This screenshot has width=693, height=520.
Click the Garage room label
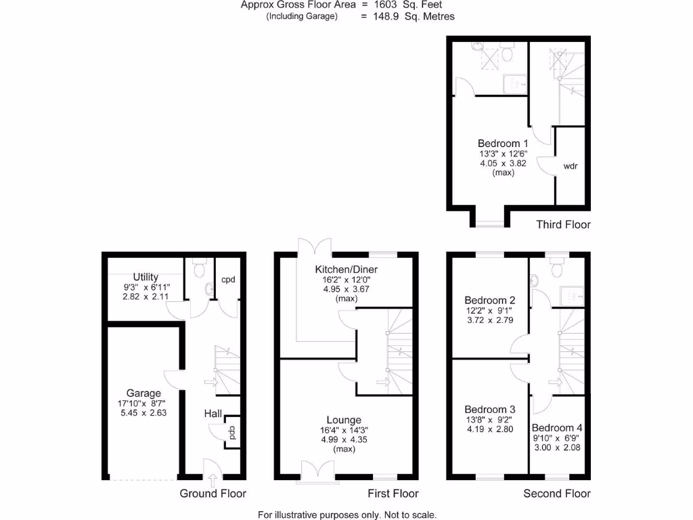(143, 393)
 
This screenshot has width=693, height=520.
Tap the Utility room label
(146, 277)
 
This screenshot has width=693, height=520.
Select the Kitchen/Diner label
(346, 269)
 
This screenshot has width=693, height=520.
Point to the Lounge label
(344, 420)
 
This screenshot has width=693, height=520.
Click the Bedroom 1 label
(503, 144)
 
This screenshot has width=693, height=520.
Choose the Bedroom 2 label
(490, 301)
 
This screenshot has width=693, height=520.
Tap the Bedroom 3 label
(490, 410)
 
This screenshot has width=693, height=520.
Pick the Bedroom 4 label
(557, 428)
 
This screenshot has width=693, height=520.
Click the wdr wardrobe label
(570, 165)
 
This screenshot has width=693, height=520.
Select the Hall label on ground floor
(213, 413)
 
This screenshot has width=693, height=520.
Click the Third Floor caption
(563, 225)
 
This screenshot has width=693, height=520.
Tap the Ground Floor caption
(213, 494)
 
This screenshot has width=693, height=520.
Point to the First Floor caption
(393, 494)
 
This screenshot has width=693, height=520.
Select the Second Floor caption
(557, 494)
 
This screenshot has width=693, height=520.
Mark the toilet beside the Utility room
(199, 269)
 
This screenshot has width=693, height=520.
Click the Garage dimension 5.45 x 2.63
(143, 412)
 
